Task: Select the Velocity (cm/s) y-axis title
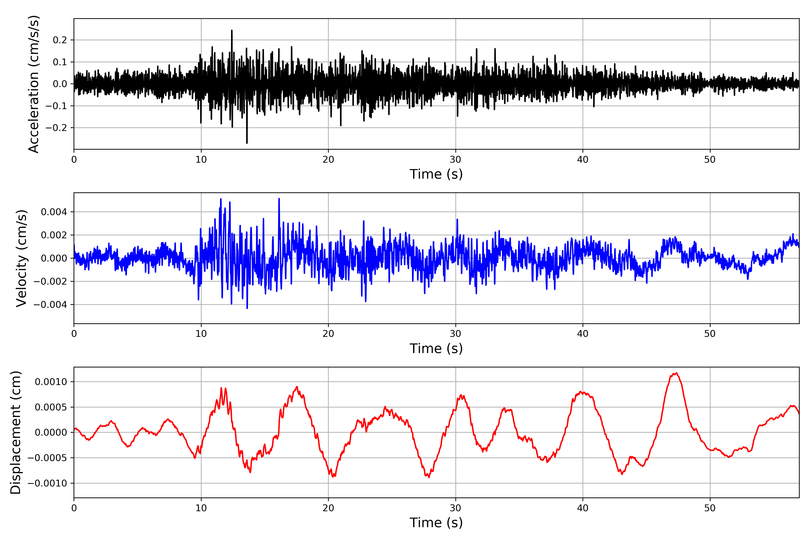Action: pyautogui.click(x=21, y=258)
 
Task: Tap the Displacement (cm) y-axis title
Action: pyautogui.click(x=16, y=432)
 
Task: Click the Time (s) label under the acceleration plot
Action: pyautogui.click(x=436, y=174)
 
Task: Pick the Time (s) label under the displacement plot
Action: pyautogui.click(x=436, y=523)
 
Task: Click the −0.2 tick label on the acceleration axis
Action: pyautogui.click(x=56, y=128)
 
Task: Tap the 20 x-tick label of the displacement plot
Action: pyautogui.click(x=328, y=508)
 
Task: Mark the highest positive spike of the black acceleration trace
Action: pyautogui.click(x=232, y=31)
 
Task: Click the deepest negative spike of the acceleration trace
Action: pyautogui.click(x=247, y=143)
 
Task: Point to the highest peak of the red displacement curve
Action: pyautogui.click(x=676, y=373)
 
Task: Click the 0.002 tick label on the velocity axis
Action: pyautogui.click(x=54, y=235)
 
